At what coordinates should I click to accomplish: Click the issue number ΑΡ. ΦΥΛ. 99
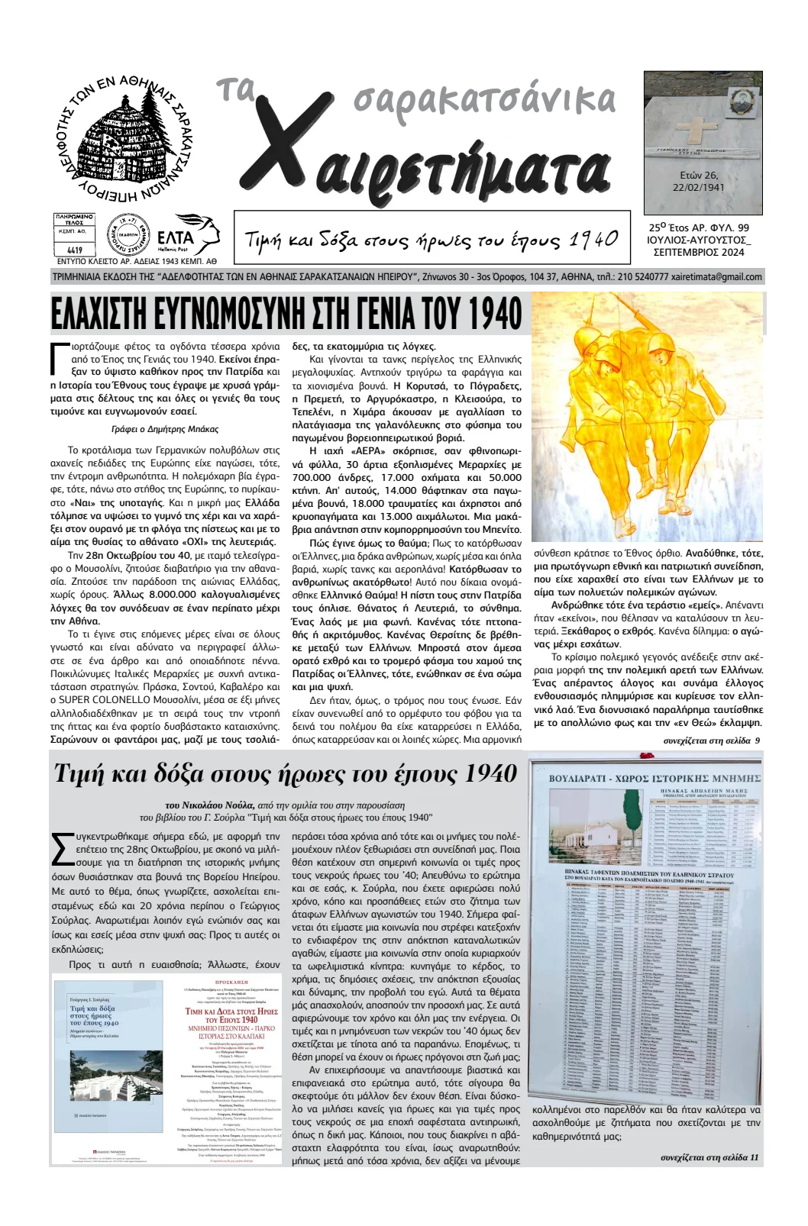(722, 227)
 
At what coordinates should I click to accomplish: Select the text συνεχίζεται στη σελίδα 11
(709, 1157)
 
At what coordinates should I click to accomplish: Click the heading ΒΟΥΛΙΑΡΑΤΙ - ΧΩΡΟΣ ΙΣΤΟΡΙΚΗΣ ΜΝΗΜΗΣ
(655, 779)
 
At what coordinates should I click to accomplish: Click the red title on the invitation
(231, 1015)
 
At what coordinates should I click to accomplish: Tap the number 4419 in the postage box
(75, 250)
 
